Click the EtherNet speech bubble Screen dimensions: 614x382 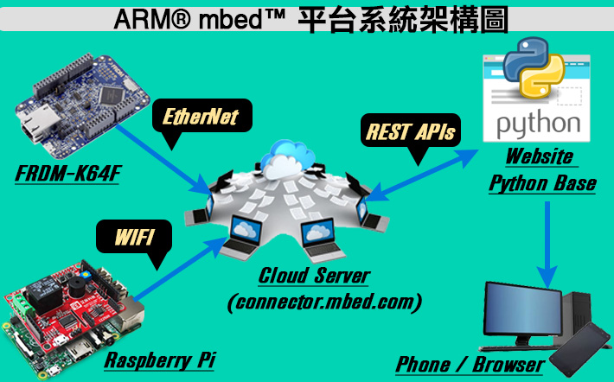(202, 117)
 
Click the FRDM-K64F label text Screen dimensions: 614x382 (68, 174)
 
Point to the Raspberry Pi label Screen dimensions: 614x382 (160, 360)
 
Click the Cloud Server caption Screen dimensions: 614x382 (314, 275)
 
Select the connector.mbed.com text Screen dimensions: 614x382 (324, 302)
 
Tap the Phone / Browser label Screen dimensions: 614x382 (470, 365)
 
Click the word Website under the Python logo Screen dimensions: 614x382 (540, 156)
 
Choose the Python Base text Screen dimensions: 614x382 (543, 183)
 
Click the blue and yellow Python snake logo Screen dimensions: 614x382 (534, 67)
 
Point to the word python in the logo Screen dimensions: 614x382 (538, 124)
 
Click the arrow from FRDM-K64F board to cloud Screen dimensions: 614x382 (164, 159)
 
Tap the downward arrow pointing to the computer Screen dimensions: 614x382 (547, 245)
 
